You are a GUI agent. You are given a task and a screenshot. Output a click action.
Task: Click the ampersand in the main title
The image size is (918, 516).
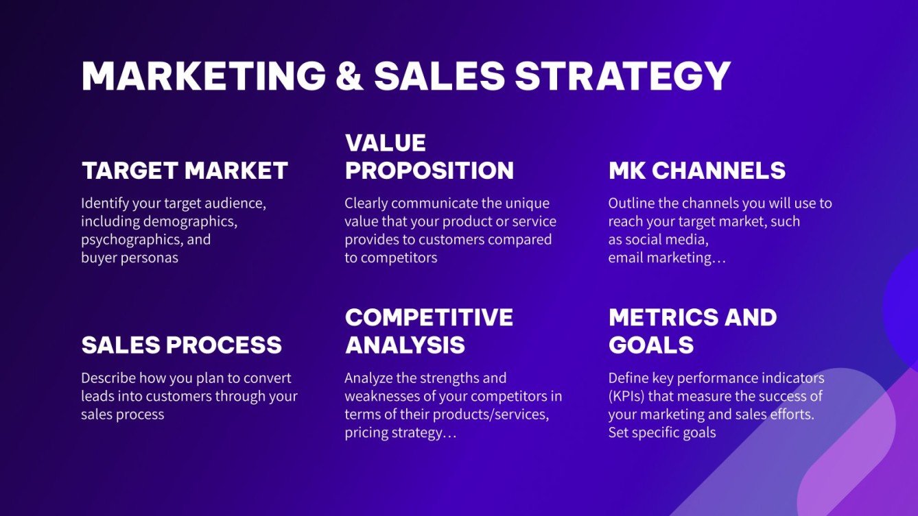[349, 76]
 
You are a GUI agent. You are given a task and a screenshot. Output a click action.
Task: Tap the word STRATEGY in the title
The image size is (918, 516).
[622, 76]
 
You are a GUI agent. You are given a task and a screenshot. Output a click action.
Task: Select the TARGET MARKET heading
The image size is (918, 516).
[185, 171]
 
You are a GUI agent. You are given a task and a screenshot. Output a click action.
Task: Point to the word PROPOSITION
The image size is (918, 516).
[429, 171]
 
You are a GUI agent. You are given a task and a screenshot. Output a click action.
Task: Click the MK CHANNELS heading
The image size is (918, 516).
[697, 171]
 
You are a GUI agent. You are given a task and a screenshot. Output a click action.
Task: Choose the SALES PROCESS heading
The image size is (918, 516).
[182, 345]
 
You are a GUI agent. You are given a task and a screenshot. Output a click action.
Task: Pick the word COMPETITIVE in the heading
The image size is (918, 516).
[429, 317]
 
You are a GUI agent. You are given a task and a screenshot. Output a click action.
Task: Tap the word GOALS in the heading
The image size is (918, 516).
[651, 345]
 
